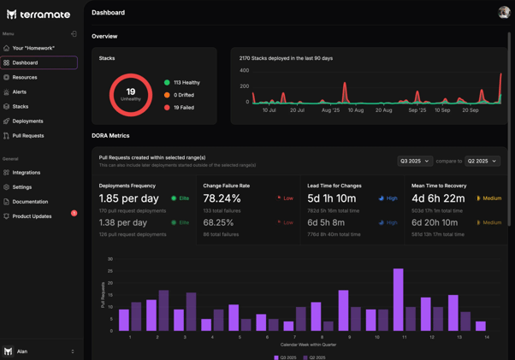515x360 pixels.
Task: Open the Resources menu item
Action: point(25,77)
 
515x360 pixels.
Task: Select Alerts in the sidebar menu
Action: point(19,91)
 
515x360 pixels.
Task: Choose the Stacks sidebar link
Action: point(20,107)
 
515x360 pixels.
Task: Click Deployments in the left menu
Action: point(27,121)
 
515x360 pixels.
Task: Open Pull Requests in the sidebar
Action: point(28,136)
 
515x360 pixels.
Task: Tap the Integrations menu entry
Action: point(27,173)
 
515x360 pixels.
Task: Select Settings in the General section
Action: point(22,187)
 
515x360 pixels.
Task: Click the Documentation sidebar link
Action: point(30,202)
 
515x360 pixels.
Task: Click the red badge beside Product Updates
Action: point(74,213)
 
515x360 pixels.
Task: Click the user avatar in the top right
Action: point(504,12)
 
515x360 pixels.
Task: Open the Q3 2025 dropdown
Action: point(414,161)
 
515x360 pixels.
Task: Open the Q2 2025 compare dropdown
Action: point(482,161)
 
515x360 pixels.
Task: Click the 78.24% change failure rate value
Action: point(222,198)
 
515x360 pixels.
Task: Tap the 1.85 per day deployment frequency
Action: point(128,198)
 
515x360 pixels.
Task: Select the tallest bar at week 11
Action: point(398,299)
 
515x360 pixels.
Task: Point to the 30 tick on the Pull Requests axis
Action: point(110,259)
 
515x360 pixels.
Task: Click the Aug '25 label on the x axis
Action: point(330,110)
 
